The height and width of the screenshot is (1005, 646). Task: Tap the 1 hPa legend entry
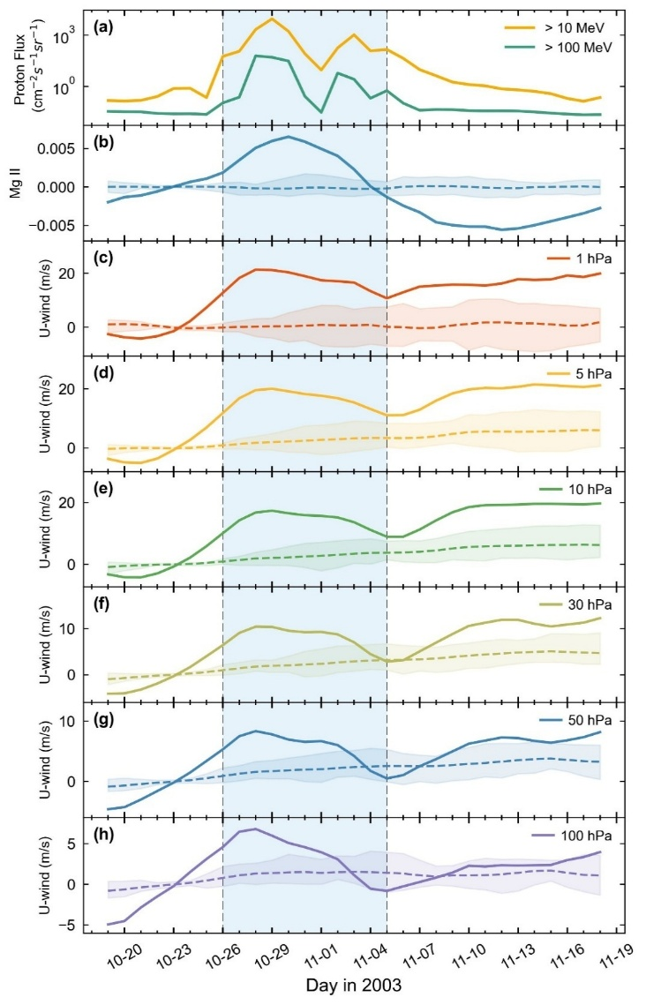coord(587,259)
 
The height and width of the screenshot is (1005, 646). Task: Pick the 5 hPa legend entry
coord(587,373)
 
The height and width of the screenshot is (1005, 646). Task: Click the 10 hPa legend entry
coord(584,489)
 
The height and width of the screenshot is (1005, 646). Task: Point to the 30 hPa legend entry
coord(584,604)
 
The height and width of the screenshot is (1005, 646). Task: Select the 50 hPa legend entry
coord(584,720)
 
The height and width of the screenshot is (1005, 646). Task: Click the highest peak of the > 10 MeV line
coord(272,19)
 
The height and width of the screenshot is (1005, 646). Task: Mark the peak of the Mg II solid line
coord(288,136)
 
